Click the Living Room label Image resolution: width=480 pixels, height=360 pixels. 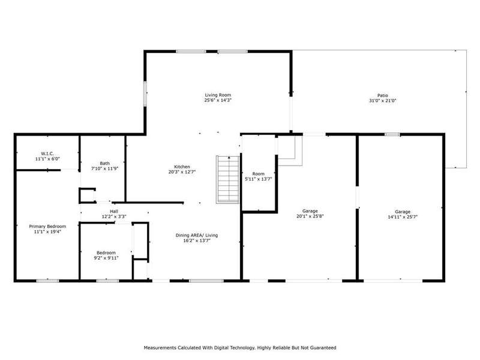[218, 95]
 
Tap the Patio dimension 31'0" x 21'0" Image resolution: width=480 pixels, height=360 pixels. [383, 100]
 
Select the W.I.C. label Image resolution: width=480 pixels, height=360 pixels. [47, 154]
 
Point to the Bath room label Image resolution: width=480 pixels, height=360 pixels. [104, 163]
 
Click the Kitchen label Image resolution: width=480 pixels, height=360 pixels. [182, 167]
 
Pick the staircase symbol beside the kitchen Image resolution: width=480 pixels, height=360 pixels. [228, 179]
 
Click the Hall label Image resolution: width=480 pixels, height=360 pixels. [114, 211]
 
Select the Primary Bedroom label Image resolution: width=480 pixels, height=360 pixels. [47, 226]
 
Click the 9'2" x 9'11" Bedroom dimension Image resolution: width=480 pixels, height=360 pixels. [106, 258]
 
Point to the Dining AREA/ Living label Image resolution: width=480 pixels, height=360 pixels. [197, 235]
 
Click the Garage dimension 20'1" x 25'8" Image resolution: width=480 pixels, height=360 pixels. [310, 216]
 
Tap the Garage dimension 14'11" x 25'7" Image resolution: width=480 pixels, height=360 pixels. [403, 217]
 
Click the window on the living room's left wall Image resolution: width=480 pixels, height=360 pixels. [145, 94]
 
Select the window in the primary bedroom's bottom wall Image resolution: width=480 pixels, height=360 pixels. [48, 280]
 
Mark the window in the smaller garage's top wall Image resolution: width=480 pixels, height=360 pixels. [392, 134]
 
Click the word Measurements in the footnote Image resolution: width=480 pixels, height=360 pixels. [160, 348]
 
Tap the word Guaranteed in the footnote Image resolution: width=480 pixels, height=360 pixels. [323, 348]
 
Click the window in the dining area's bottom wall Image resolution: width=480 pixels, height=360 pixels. [206, 280]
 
